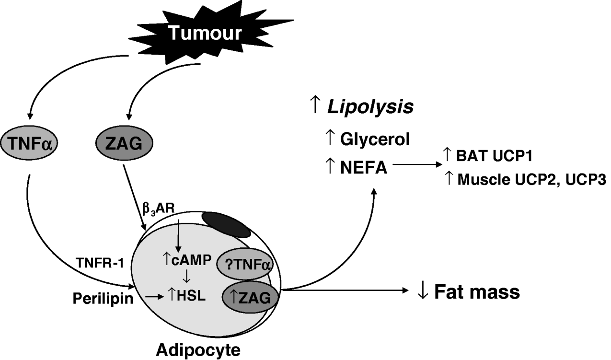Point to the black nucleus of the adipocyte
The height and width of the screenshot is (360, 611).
click(225, 224)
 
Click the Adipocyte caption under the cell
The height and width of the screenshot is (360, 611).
click(197, 350)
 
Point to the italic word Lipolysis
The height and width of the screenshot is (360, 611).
click(370, 106)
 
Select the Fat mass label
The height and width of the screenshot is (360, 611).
click(476, 291)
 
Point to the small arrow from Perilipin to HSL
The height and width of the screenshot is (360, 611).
click(153, 297)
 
